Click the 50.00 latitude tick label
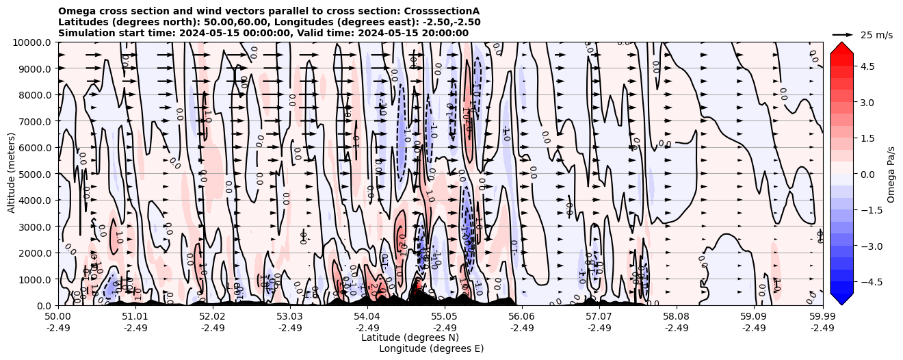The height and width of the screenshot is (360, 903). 58,317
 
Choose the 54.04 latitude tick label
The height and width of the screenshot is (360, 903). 367,317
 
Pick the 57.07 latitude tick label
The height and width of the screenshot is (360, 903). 599,317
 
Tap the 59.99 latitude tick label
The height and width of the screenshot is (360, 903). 822,317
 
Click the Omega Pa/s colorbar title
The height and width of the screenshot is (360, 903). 891,174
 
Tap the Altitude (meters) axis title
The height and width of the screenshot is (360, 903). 12,174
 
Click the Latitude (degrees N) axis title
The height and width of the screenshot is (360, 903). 410,337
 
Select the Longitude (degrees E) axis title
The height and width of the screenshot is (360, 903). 431,348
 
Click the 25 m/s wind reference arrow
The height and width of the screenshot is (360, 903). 843,34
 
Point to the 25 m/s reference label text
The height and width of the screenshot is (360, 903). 876,35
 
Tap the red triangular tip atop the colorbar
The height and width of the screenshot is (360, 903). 841,47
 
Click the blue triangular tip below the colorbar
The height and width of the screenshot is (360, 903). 841,298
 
